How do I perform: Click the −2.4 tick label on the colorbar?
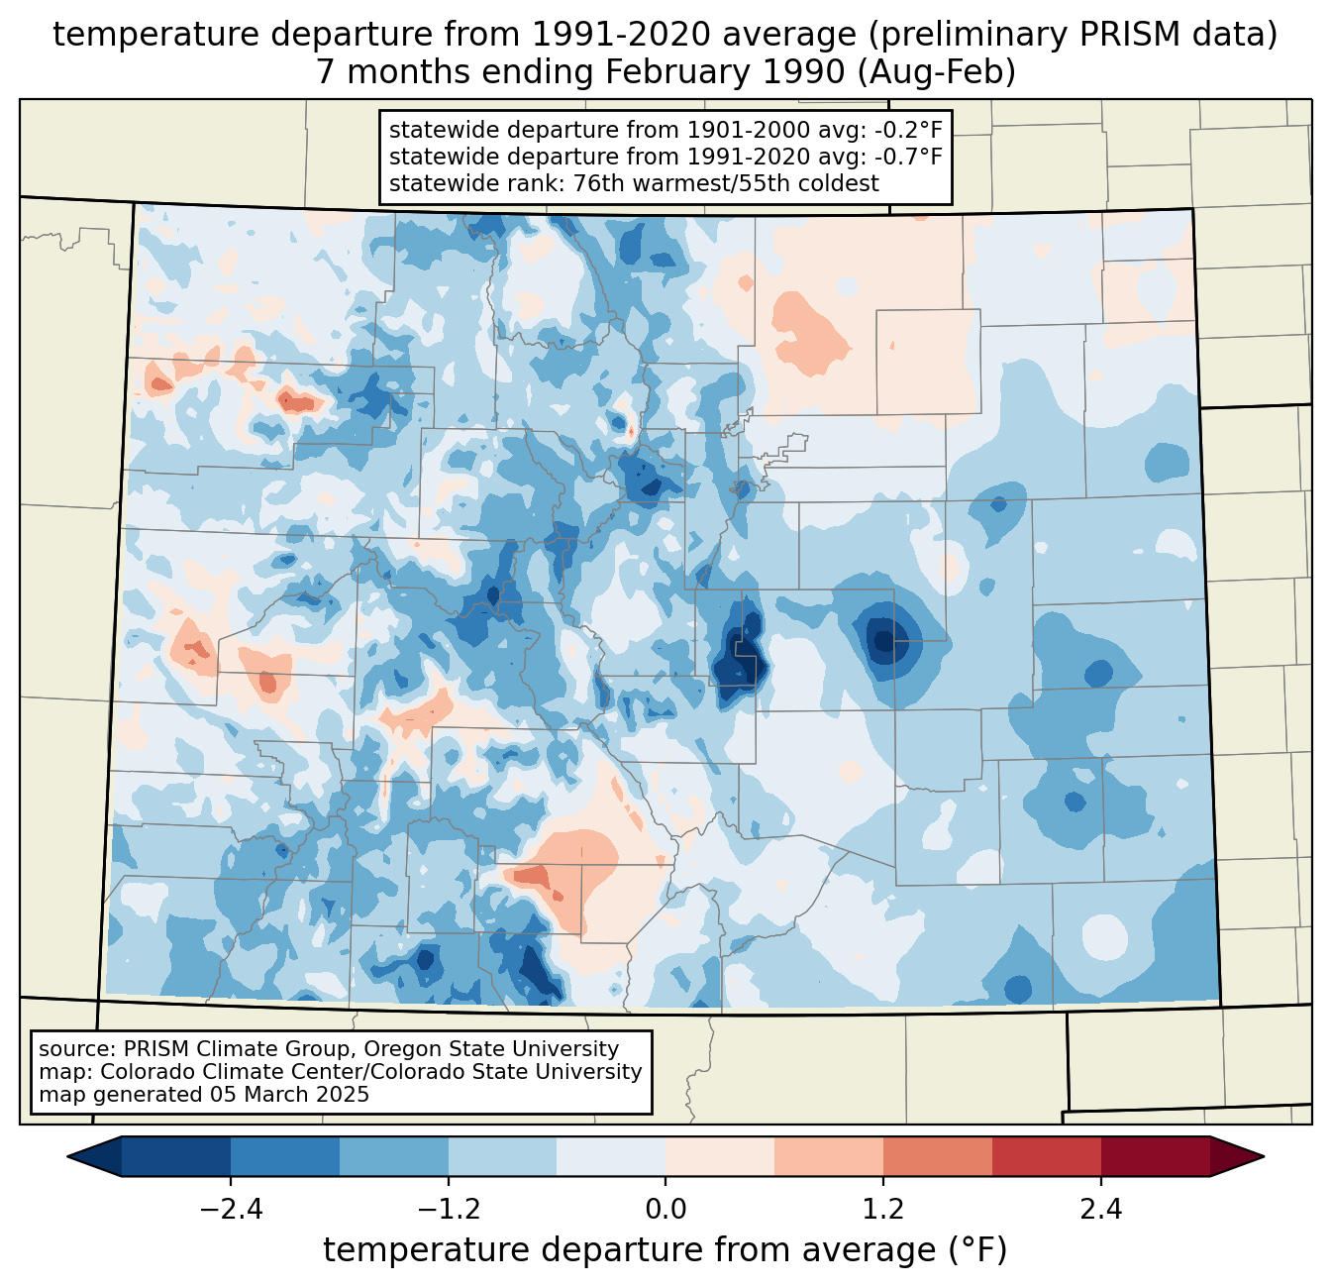[x=231, y=1210]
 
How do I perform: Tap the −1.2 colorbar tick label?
[x=448, y=1210]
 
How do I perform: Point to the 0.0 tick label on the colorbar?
[x=665, y=1210]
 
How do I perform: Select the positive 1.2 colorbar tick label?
[x=883, y=1210]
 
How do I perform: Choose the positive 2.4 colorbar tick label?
[x=1100, y=1210]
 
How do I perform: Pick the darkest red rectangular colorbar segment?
[x=1155, y=1156]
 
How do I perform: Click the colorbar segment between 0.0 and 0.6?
[x=720, y=1156]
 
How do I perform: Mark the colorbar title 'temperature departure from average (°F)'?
[x=665, y=1250]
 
